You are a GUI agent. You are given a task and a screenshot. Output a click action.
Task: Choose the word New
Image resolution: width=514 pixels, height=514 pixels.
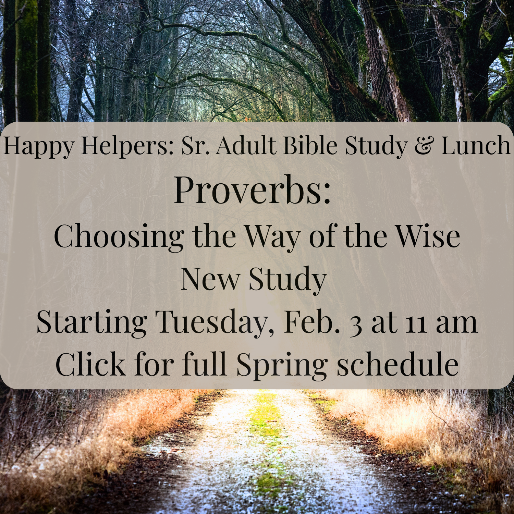click(210, 279)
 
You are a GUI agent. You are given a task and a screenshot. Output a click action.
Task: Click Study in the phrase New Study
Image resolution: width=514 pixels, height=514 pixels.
click(287, 280)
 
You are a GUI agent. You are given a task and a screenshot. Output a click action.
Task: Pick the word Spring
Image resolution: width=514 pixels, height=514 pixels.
click(282, 366)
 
